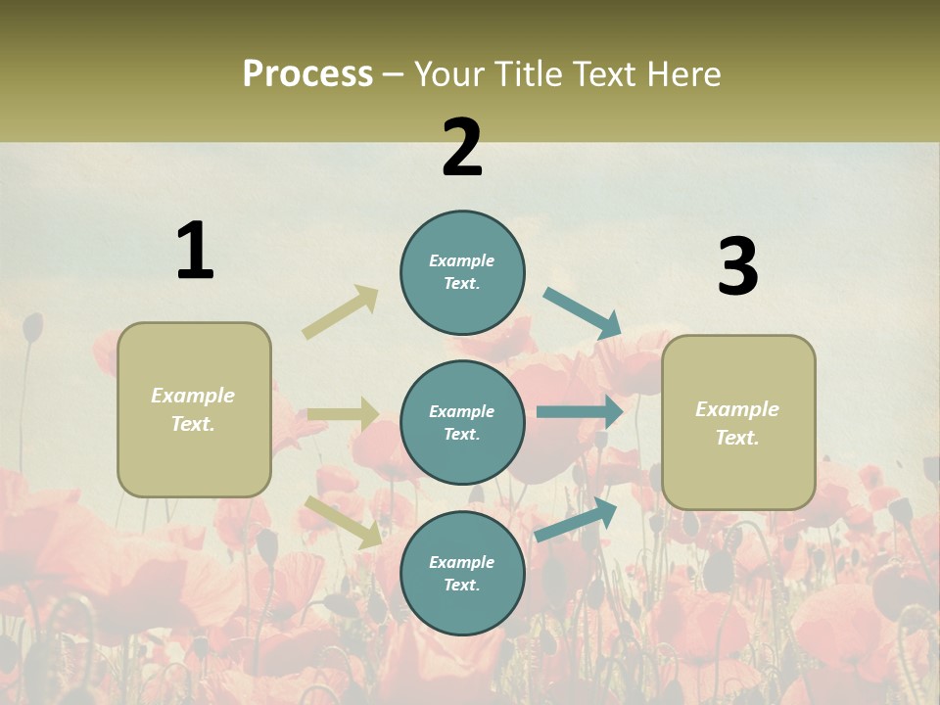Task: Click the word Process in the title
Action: click(x=307, y=74)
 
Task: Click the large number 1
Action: click(x=195, y=251)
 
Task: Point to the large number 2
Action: click(x=462, y=148)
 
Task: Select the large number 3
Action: click(x=737, y=267)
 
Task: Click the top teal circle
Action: click(x=462, y=272)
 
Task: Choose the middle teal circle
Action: click(x=462, y=422)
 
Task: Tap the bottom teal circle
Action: click(x=462, y=573)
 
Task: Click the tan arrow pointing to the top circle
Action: click(x=340, y=312)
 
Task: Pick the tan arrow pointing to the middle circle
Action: click(x=344, y=414)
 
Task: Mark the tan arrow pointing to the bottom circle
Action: click(x=344, y=521)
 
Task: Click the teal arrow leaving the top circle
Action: click(x=583, y=313)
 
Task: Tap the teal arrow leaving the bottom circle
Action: click(x=576, y=520)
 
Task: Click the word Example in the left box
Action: click(x=193, y=396)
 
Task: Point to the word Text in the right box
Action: click(x=736, y=438)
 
